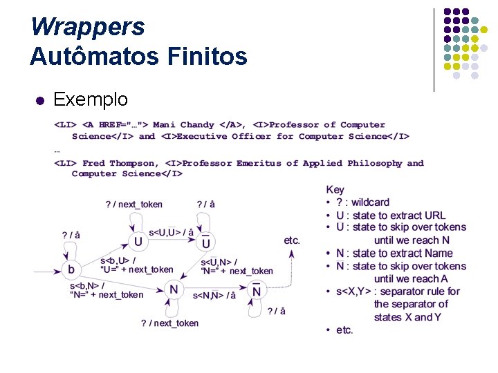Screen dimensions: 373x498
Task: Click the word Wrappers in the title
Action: pos(87,27)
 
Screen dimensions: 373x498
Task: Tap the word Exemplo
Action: pos(91,99)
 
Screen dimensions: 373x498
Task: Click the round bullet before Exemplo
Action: pos(39,100)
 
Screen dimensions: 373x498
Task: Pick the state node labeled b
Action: pos(71,268)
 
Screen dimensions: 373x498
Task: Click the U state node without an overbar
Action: pos(138,242)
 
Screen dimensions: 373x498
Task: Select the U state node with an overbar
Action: pos(206,242)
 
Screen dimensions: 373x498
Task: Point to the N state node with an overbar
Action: pos(257,291)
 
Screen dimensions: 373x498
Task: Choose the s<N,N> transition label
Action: pos(214,296)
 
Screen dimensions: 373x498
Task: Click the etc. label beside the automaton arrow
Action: pos(292,240)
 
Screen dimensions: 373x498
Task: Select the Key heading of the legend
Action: pos(335,189)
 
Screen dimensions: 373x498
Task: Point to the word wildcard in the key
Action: pos(370,202)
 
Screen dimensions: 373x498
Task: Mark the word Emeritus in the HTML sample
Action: pos(259,164)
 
